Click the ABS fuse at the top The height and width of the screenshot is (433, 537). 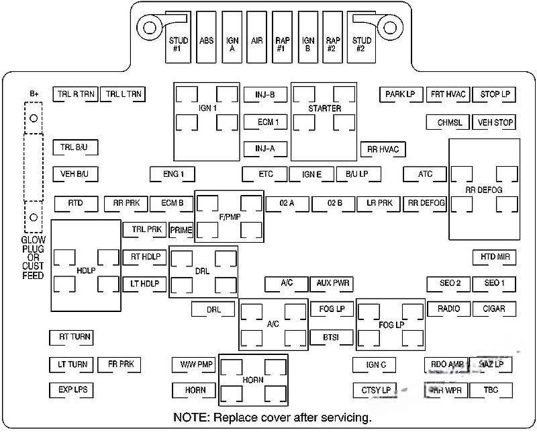pyautogui.click(x=207, y=40)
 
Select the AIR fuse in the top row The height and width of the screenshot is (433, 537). pyautogui.click(x=256, y=40)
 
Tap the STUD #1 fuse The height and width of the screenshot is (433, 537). pyautogui.click(x=178, y=44)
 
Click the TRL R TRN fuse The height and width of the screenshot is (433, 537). pyautogui.click(x=76, y=95)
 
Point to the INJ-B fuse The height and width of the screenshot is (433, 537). pyautogui.click(x=265, y=95)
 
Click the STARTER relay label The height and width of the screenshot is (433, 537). pyautogui.click(x=324, y=108)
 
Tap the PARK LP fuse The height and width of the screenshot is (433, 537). pyautogui.click(x=400, y=95)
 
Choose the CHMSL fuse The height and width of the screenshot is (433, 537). pyautogui.click(x=449, y=122)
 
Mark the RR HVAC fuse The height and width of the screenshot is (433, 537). pyautogui.click(x=383, y=149)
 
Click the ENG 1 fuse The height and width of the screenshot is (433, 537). pyautogui.click(x=173, y=175)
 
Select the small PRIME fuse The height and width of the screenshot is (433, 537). pyautogui.click(x=181, y=230)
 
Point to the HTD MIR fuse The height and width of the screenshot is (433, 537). pyautogui.click(x=494, y=257)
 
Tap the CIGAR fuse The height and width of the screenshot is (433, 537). pyautogui.click(x=494, y=309)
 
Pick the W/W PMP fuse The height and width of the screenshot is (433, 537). pyautogui.click(x=196, y=364)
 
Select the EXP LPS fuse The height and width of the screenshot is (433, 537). pyautogui.click(x=72, y=390)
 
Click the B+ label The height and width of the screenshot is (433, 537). pyautogui.click(x=34, y=93)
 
